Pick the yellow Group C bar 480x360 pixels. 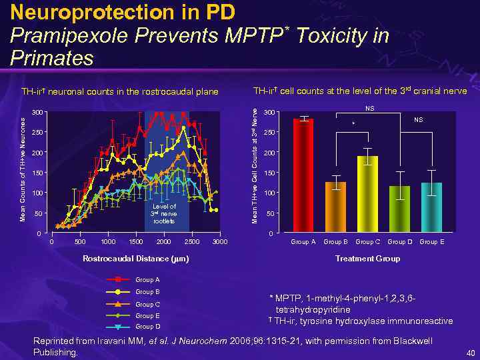point(367,193)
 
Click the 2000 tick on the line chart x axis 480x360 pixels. point(164,241)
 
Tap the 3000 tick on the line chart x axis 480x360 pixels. point(219,241)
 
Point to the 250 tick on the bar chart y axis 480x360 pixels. point(268,133)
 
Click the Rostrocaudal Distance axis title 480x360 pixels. point(135,258)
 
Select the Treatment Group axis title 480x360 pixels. point(367,258)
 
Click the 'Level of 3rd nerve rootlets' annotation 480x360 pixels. point(164,213)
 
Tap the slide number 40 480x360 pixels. point(469,353)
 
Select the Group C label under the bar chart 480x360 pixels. point(367,242)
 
